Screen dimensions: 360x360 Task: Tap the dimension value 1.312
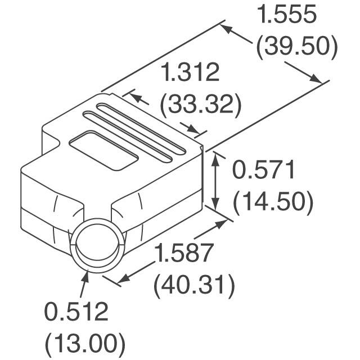(190, 73)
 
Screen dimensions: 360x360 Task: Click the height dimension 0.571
(264, 170)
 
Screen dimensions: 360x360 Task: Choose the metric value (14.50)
(273, 202)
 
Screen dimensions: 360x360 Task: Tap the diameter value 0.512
(75, 311)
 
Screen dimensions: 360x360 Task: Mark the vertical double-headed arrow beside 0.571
(215, 182)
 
